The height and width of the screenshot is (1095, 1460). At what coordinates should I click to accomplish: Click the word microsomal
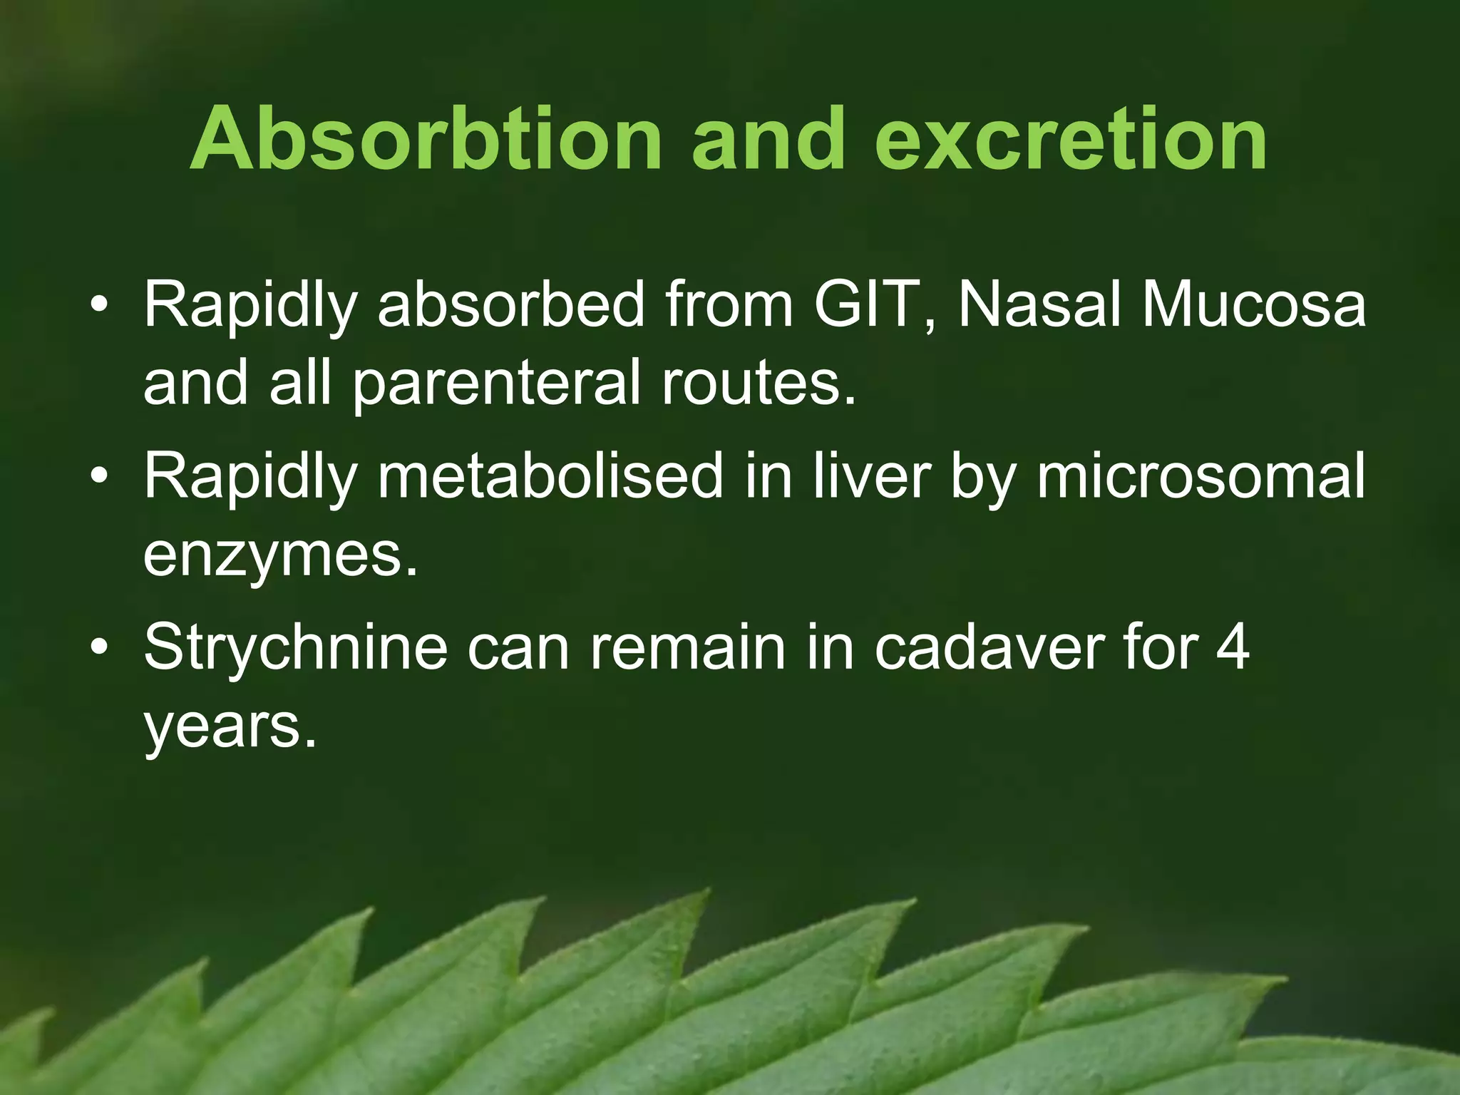pyautogui.click(x=1201, y=476)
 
